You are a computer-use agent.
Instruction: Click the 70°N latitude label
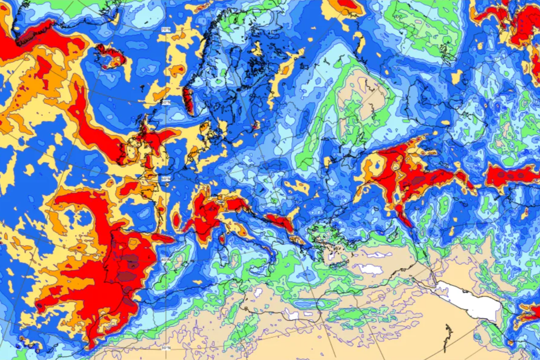click(166, 30)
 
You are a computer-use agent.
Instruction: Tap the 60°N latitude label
click(166, 102)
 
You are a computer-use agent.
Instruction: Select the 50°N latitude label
click(165, 180)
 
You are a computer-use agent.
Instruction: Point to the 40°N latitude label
click(165, 260)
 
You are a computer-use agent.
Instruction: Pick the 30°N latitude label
click(166, 347)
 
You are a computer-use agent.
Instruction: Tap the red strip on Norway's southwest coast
click(188, 100)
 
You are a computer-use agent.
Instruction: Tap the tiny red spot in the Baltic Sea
click(257, 125)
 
